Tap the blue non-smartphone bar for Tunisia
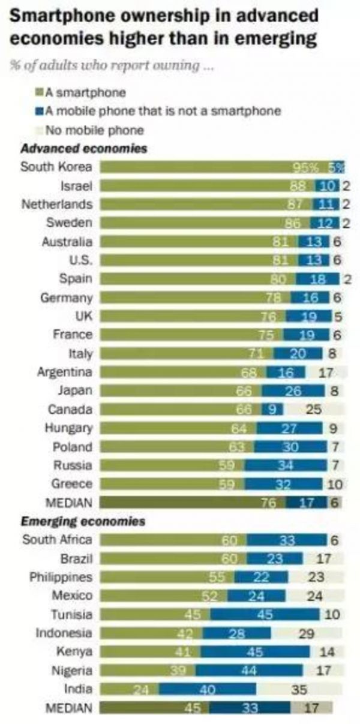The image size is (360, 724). point(265,614)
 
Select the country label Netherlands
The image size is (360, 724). point(57,204)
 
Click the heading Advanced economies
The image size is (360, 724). point(84,148)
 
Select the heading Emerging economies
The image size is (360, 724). point(83,522)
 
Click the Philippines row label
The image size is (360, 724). point(61,577)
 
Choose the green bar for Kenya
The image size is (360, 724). point(151,652)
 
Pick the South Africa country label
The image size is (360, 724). point(57,540)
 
